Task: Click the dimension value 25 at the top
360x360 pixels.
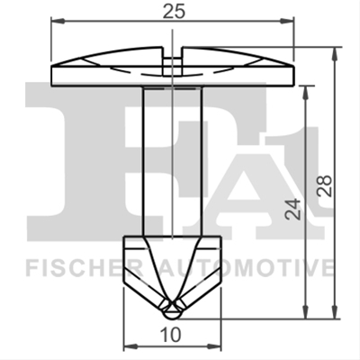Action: pyautogui.click(x=174, y=12)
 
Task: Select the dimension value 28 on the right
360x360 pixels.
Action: pyautogui.click(x=324, y=185)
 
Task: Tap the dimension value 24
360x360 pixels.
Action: pyautogui.click(x=292, y=209)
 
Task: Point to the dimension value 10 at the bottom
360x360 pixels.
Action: pyautogui.click(x=171, y=335)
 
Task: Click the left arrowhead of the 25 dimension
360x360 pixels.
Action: pyautogui.click(x=58, y=21)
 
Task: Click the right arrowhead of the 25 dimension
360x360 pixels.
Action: pyautogui.click(x=287, y=21)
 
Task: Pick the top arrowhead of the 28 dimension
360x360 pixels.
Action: pyautogui.click(x=335, y=53)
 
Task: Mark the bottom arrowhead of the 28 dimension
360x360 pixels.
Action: pyautogui.click(x=335, y=312)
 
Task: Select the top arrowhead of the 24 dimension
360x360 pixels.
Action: pyautogui.click(x=305, y=93)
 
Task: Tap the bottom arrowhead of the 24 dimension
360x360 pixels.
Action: pyautogui.click(x=305, y=312)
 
